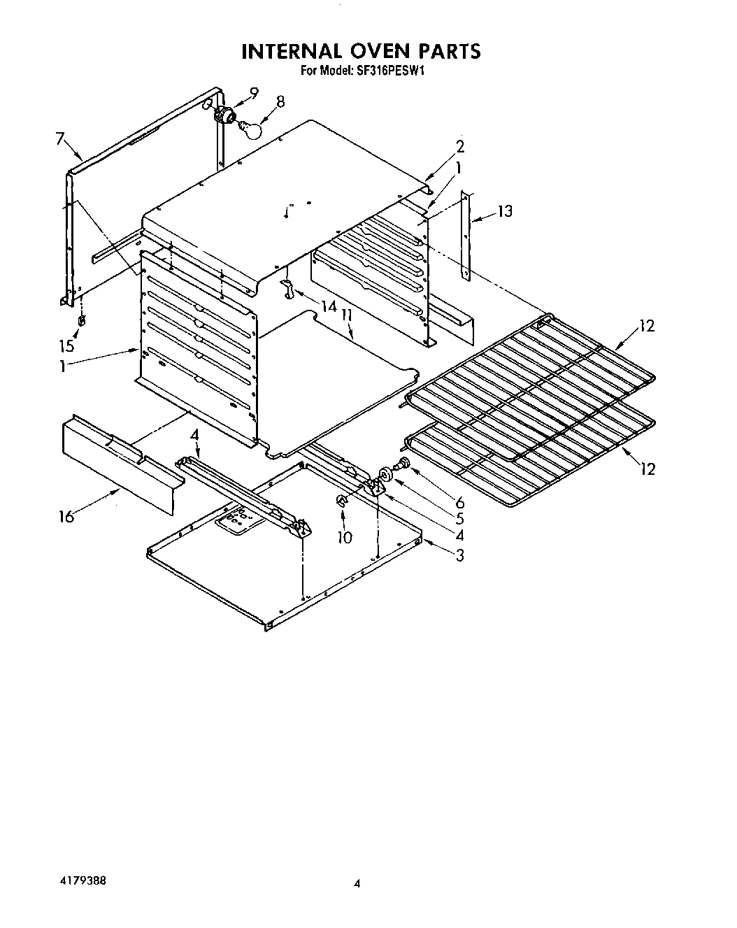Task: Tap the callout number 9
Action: [x=253, y=92]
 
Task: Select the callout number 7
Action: [x=60, y=138]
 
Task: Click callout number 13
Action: [x=504, y=211]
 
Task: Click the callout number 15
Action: [x=66, y=345]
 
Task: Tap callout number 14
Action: [x=329, y=306]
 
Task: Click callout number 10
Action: [x=344, y=537]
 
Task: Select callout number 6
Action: [x=459, y=502]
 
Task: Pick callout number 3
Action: [x=459, y=556]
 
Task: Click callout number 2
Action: [x=459, y=146]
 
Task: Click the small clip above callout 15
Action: [x=82, y=320]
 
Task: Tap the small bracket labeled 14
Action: [x=287, y=288]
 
